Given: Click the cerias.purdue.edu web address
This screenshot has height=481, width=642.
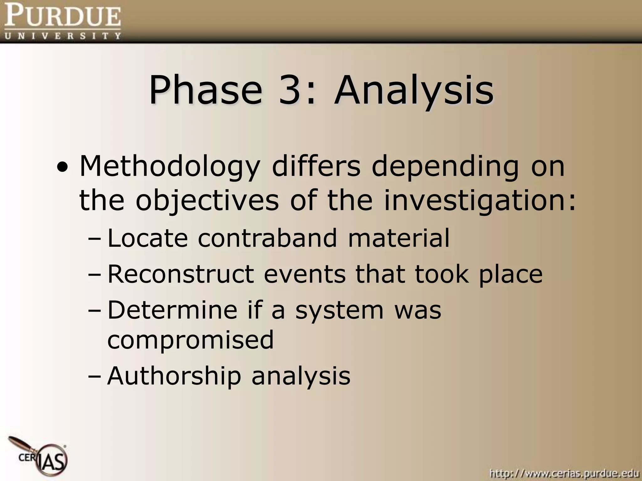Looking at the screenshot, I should point(564,473).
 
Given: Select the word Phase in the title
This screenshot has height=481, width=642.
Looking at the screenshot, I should point(205,91).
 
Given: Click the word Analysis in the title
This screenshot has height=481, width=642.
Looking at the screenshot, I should point(414,91).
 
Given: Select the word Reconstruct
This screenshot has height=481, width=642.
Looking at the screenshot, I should point(181,274).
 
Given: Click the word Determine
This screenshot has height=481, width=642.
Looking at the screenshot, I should point(172,310).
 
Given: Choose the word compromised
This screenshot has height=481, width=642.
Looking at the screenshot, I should point(191,340).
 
